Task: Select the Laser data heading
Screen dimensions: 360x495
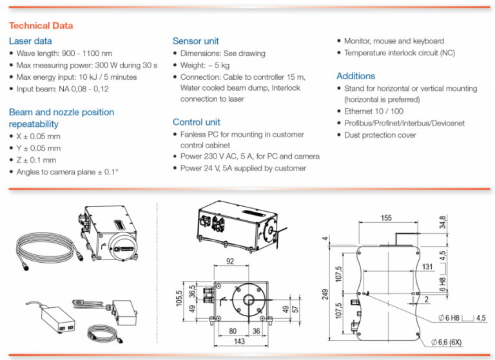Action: (x=32, y=41)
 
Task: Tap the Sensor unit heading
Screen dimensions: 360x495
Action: (x=196, y=41)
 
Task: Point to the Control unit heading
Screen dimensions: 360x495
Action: (x=197, y=122)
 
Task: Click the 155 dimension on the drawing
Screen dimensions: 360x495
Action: (x=385, y=218)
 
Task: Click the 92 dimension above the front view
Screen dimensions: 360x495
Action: (x=230, y=261)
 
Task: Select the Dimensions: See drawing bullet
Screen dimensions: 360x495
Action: (x=222, y=53)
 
